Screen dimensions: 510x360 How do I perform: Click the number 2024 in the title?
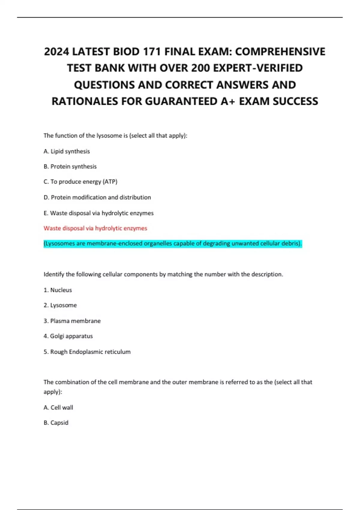(x=56, y=52)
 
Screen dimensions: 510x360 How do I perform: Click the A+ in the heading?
(x=228, y=101)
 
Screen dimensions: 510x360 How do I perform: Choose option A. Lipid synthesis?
(x=67, y=151)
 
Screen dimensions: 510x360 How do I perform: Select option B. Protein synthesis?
(x=70, y=166)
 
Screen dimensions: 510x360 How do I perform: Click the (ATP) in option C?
(x=110, y=182)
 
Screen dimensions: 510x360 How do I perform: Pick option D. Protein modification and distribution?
(x=97, y=197)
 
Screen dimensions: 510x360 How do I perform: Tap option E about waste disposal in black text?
(x=98, y=213)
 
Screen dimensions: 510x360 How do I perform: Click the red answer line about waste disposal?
(x=95, y=228)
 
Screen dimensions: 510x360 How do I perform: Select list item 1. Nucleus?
(x=58, y=290)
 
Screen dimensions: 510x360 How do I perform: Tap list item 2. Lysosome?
(x=60, y=305)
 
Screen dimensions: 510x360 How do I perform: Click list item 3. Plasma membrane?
(x=72, y=321)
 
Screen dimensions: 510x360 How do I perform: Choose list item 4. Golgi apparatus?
(x=68, y=336)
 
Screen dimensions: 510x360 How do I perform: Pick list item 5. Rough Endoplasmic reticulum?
(x=87, y=352)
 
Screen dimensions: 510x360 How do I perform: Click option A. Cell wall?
(x=58, y=408)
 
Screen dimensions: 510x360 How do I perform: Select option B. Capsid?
(x=56, y=423)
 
